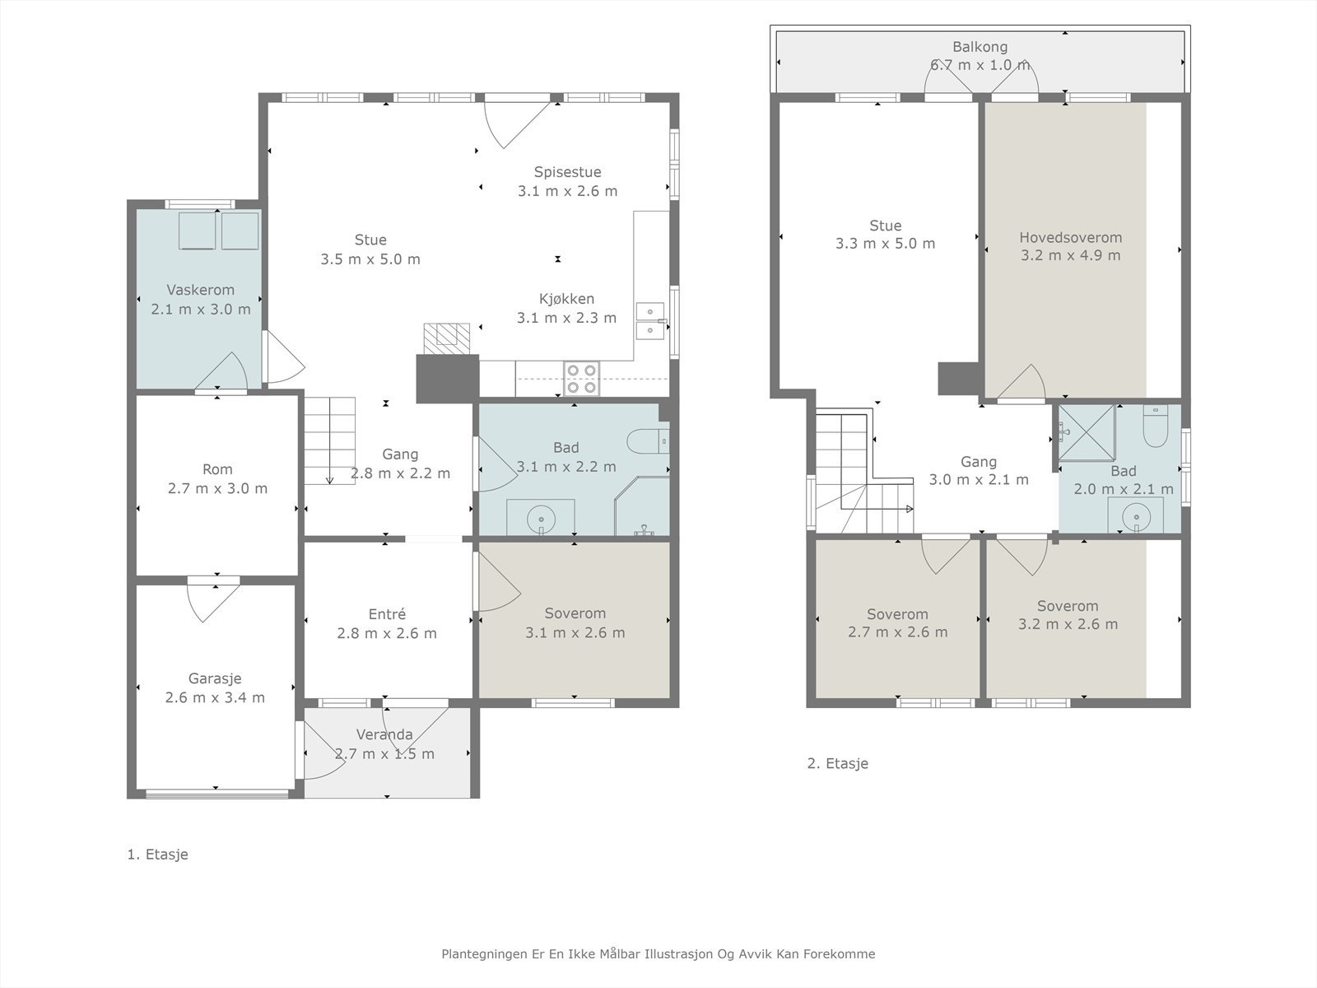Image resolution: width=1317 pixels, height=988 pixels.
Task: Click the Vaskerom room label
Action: point(200,291)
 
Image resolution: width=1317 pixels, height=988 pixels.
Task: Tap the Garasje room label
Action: point(215,678)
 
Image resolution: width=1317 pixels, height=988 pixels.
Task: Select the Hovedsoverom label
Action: point(1070,238)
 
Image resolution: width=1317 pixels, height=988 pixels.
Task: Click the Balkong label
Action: point(980,47)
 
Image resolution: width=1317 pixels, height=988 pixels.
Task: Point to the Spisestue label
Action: point(568,172)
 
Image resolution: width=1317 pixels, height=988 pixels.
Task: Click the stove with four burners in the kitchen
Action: point(581,379)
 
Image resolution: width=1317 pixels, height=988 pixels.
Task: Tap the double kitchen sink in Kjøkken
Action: point(649,321)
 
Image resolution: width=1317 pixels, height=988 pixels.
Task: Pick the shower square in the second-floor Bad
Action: point(1087,432)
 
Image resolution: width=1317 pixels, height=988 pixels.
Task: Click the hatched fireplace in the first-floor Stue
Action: point(446,339)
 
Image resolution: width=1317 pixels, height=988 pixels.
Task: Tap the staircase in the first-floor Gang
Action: point(329,440)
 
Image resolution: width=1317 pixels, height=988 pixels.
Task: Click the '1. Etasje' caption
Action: point(158,855)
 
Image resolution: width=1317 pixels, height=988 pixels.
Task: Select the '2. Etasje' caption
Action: point(838,764)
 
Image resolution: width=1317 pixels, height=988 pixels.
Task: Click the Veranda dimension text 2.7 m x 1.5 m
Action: point(384,754)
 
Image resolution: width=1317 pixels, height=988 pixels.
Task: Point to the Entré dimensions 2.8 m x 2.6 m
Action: point(387,633)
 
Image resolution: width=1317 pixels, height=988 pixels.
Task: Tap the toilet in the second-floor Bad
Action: point(1155,426)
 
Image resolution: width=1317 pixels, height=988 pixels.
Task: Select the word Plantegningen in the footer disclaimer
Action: point(486,954)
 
